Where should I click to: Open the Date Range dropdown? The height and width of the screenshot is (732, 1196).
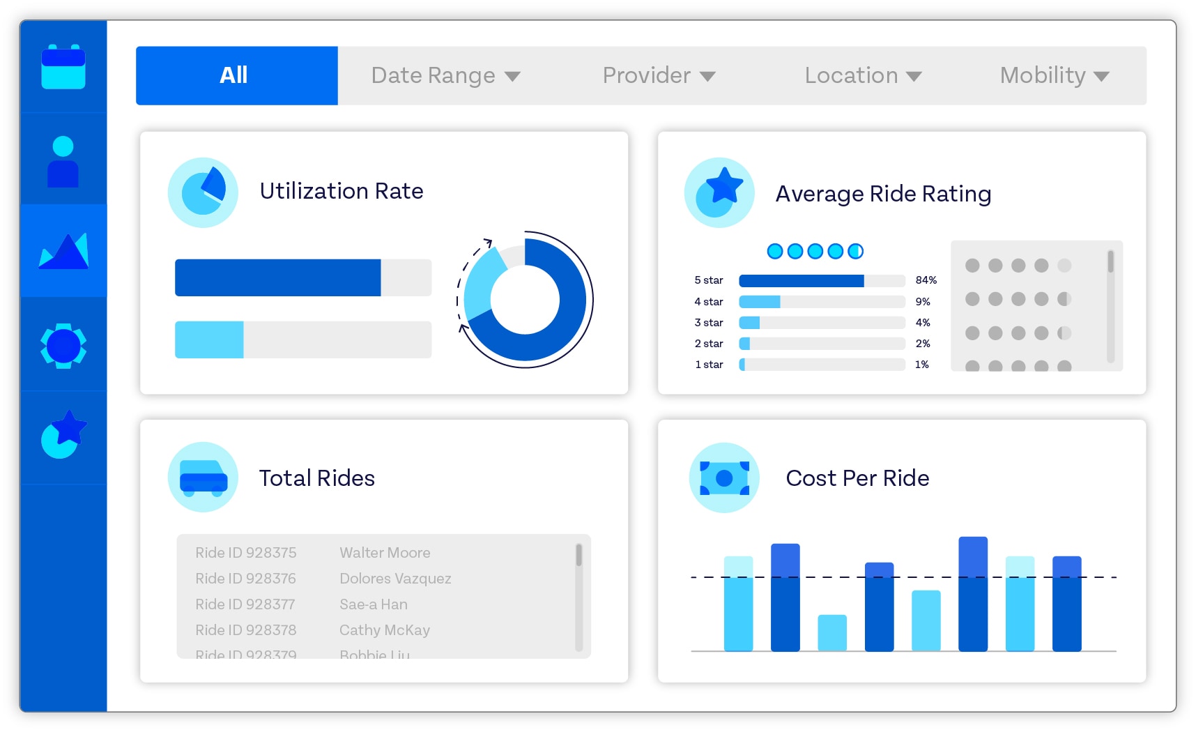[445, 75]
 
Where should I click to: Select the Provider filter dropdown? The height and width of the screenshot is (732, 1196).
[659, 75]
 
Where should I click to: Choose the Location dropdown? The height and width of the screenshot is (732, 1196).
[863, 75]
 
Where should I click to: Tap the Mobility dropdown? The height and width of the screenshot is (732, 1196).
[1054, 75]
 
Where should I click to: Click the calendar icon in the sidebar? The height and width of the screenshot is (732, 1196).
[63, 67]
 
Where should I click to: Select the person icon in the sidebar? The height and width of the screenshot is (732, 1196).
[63, 161]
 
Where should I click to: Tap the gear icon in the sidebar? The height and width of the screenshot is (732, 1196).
[63, 345]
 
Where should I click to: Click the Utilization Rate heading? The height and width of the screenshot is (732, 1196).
[342, 191]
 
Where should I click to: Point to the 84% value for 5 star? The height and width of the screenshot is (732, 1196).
[926, 280]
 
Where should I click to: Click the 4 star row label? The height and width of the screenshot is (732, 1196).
[708, 302]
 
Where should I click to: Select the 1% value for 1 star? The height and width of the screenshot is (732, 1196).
[921, 365]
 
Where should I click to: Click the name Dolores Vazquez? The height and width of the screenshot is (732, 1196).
[395, 579]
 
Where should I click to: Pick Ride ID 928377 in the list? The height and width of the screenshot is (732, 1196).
[245, 604]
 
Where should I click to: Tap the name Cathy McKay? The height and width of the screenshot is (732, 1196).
[384, 630]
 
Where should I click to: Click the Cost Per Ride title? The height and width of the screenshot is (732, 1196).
[857, 478]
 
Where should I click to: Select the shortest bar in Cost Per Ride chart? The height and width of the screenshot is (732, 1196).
[831, 632]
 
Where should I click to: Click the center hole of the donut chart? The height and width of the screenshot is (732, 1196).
[525, 300]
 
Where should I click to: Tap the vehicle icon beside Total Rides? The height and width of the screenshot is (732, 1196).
[203, 478]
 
